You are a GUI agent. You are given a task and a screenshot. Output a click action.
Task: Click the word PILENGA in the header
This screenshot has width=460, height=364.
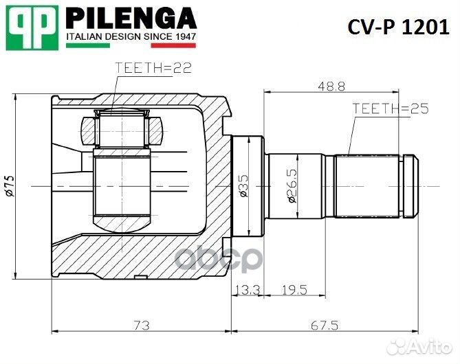(x=131, y=17)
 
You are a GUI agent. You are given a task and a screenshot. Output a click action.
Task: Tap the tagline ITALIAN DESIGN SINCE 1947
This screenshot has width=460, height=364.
(x=131, y=35)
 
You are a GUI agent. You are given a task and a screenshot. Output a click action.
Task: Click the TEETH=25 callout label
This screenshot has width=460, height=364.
(x=389, y=109)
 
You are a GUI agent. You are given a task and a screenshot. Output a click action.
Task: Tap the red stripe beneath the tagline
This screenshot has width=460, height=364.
(x=173, y=46)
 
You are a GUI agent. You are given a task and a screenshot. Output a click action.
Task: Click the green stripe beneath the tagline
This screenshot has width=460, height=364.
(x=87, y=46)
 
